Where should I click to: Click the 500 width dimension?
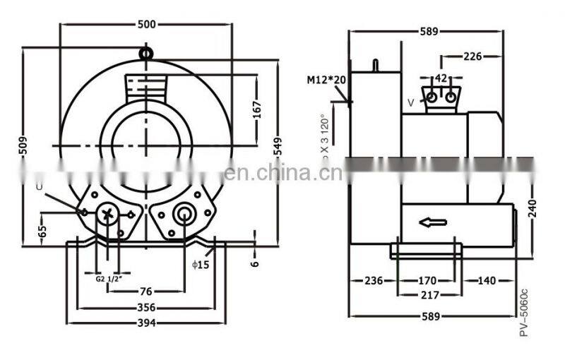[146, 24]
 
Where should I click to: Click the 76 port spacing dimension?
[145, 291]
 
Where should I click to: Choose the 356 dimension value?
[145, 308]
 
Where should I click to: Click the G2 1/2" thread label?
[109, 277]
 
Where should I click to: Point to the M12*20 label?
[326, 80]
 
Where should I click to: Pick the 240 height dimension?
[532, 208]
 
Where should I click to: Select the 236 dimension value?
[374, 280]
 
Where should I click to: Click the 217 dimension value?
[429, 294]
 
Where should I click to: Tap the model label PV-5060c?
[523, 311]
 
